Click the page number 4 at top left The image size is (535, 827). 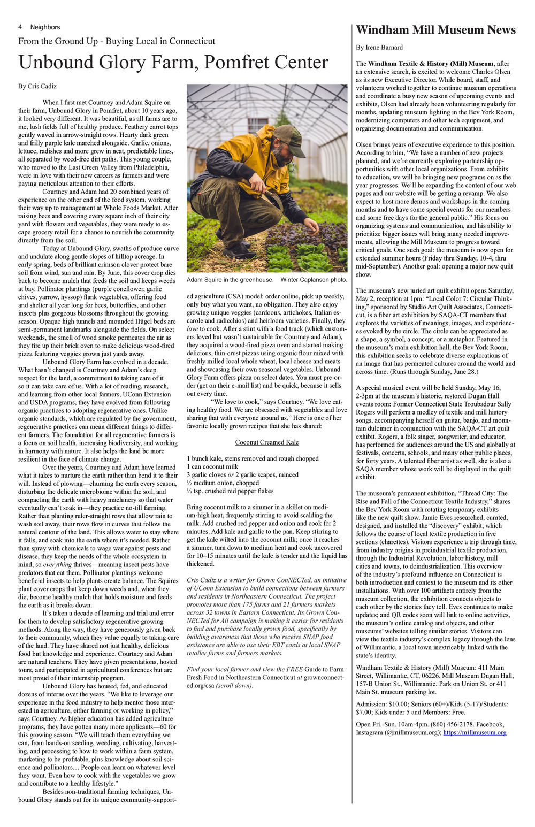pyautogui.click(x=20, y=27)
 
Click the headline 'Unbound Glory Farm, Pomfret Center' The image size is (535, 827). pyautogui.click(x=173, y=63)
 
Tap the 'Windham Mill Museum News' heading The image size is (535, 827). pyautogui.click(x=435, y=30)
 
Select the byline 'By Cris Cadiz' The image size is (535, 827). pyautogui.click(x=37, y=86)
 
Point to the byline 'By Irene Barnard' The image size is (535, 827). pyautogui.click(x=379, y=48)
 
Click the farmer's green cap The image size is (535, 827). pyautogui.click(x=290, y=139)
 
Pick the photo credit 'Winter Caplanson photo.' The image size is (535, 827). pyautogui.click(x=314, y=280)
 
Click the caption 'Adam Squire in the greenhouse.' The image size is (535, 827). pyautogui.click(x=230, y=280)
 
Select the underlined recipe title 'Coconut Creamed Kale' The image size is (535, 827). pyautogui.click(x=267, y=442)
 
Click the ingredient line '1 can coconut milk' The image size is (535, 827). pyautogui.click(x=212, y=466)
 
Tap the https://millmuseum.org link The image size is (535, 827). pyautogui.click(x=475, y=732)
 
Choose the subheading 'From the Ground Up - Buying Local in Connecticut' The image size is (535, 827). pyautogui.click(x=117, y=41)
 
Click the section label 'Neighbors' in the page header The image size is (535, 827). pyautogui.click(x=45, y=27)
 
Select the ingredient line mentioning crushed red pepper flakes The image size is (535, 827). pyautogui.click(x=230, y=491)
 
